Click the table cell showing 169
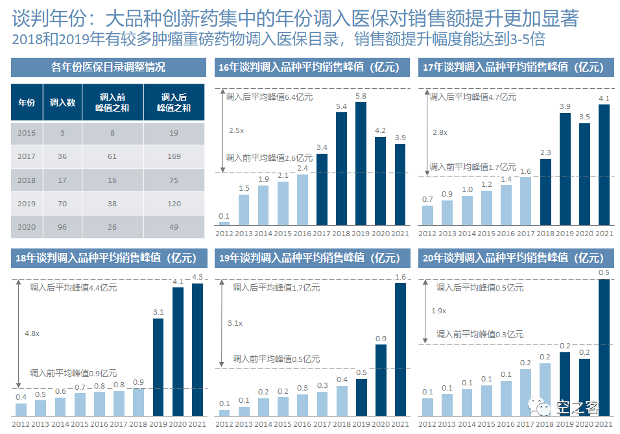[x=174, y=156]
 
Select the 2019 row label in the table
[x=27, y=203]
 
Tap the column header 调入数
[x=62, y=102]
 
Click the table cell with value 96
[x=62, y=227]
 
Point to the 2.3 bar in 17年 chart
[x=546, y=191]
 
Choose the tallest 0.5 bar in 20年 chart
[x=604, y=347]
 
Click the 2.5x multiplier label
[x=236, y=130]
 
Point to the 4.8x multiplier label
[x=32, y=333]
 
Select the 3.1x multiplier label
[x=235, y=322]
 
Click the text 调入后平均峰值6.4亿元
[x=269, y=97]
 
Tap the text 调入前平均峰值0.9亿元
[x=73, y=373]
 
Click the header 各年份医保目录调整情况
[x=108, y=67]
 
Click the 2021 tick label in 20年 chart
[x=604, y=424]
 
